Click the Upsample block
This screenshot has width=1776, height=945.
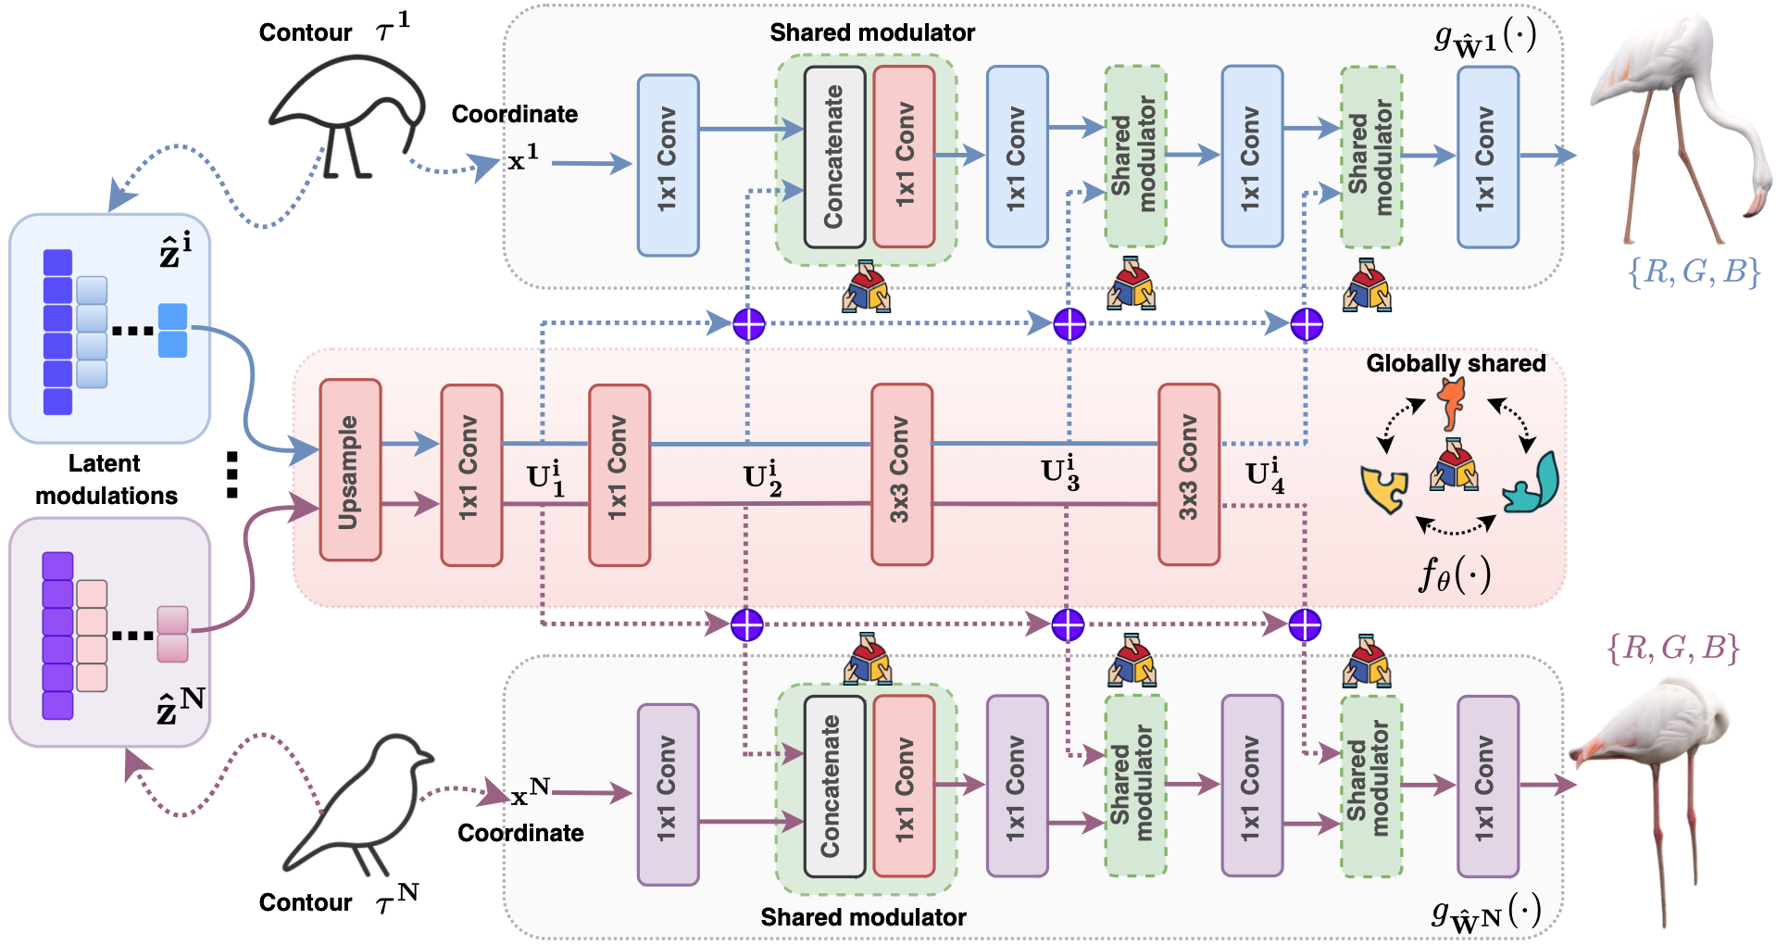click(350, 471)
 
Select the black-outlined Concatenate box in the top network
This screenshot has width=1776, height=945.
click(834, 157)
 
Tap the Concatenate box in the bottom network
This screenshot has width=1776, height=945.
click(834, 786)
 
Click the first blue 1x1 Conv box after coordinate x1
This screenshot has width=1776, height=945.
click(668, 165)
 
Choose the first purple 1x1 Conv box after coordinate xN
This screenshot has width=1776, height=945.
click(668, 794)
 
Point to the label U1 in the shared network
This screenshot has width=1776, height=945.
click(545, 478)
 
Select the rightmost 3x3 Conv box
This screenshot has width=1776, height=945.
click(1189, 474)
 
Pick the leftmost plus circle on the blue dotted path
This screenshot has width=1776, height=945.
click(748, 324)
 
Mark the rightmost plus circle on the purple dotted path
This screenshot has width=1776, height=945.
click(1305, 625)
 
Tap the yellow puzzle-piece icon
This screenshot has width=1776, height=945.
click(1383, 488)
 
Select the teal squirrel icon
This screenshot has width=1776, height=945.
click(1531, 485)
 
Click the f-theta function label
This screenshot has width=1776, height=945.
click(1455, 575)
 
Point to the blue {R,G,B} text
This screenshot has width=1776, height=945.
click(1694, 271)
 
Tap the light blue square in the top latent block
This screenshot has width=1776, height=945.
click(172, 330)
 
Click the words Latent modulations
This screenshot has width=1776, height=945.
click(106, 479)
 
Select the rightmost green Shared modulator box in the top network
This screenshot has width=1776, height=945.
click(1371, 157)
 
